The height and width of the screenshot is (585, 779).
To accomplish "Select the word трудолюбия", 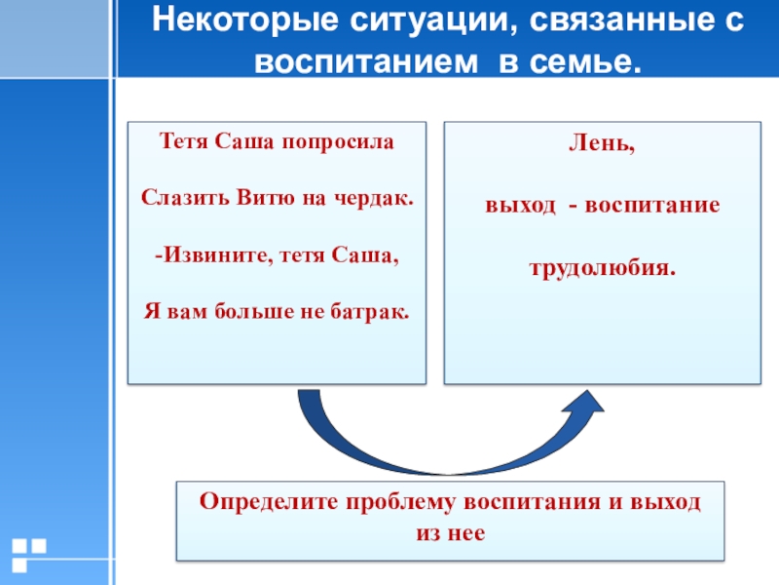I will pos(602,266).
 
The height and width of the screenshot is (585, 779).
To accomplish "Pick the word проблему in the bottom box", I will pos(401,502).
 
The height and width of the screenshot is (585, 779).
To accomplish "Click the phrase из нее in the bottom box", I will pos(450,533).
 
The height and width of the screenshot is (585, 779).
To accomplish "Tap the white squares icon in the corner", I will pos(28,553).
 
